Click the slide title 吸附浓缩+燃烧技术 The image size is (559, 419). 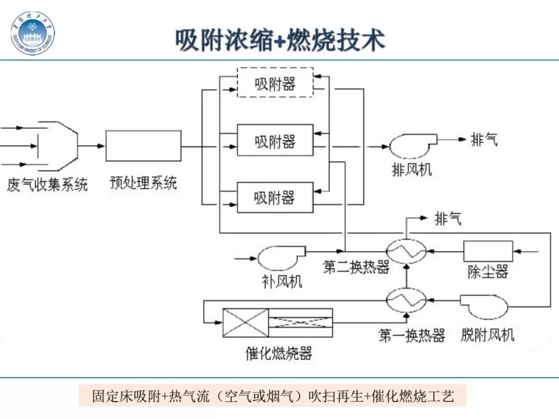(x=280, y=40)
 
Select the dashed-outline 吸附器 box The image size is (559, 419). (x=275, y=83)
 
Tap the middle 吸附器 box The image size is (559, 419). (x=275, y=140)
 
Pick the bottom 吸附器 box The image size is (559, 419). (x=275, y=197)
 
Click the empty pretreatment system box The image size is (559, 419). (x=143, y=146)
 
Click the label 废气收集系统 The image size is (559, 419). (x=47, y=185)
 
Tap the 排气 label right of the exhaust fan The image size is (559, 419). (x=484, y=139)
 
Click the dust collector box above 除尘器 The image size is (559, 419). (x=488, y=251)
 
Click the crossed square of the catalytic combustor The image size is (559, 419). (x=245, y=323)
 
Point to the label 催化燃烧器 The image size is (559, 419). (x=278, y=353)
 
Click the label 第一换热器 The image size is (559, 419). (x=411, y=335)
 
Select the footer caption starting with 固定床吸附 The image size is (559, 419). (x=273, y=396)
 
